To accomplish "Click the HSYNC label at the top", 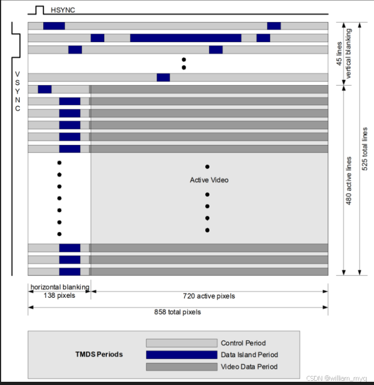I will (x=63, y=10).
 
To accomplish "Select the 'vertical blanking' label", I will (x=349, y=53).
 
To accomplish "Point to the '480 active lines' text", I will (x=349, y=181).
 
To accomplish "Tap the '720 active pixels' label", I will (x=208, y=296).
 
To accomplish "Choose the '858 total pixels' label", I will (x=178, y=312).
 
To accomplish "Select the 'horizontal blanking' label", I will (x=59, y=287).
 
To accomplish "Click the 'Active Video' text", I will (x=209, y=180).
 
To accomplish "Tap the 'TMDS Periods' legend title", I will (x=99, y=355).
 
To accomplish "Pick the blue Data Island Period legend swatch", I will (x=182, y=355).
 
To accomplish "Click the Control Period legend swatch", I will (x=182, y=343).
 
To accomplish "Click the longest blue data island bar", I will (x=185, y=38).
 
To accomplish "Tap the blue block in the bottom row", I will (x=69, y=271).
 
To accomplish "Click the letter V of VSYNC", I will (x=18, y=74).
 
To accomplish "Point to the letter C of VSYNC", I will (x=18, y=109).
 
